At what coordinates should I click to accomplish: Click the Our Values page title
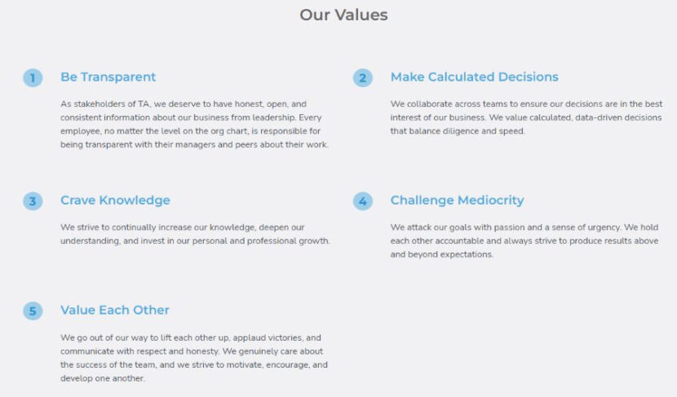point(343,15)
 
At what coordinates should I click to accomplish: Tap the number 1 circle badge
point(33,77)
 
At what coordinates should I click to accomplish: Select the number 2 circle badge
point(363,77)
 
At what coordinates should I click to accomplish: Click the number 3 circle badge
point(33,201)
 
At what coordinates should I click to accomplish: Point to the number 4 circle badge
point(363,201)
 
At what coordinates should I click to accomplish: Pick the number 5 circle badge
point(33,311)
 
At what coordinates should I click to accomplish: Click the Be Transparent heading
point(108,77)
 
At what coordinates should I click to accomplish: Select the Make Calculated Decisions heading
point(474,77)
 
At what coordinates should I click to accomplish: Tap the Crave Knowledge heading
point(115,201)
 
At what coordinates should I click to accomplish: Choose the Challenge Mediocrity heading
point(457,201)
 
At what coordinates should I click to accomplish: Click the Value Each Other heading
point(115,311)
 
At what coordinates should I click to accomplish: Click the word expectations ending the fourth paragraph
point(465,254)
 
